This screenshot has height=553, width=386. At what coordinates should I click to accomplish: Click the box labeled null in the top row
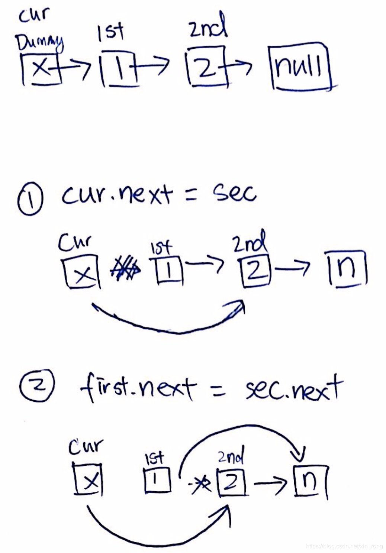click(x=300, y=67)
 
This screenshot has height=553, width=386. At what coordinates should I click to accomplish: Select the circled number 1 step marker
click(x=30, y=200)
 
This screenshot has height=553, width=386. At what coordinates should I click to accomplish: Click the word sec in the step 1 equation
click(x=234, y=193)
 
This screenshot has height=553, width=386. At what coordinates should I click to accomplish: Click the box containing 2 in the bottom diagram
click(x=231, y=482)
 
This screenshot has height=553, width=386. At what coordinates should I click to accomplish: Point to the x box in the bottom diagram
click(x=88, y=479)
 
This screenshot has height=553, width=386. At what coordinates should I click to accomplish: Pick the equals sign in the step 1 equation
click(x=191, y=195)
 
